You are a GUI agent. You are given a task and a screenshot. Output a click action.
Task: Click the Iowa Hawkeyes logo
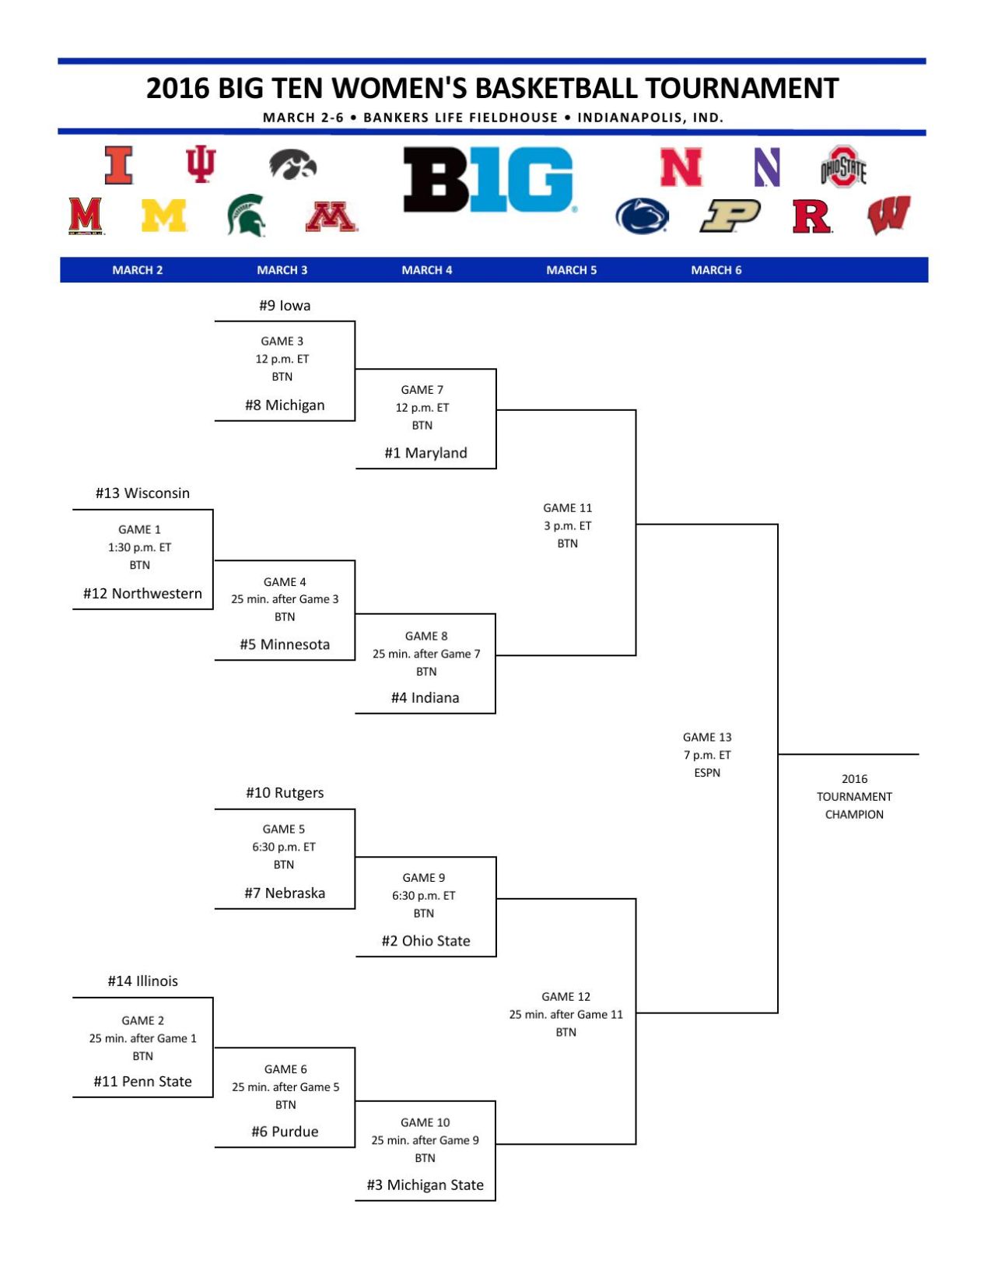coord(293,164)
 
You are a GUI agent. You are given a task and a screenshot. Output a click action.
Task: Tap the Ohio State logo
coord(843,167)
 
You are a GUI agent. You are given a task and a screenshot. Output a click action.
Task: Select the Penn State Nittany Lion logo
coord(642,216)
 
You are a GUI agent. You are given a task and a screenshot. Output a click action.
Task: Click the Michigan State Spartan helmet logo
coord(246,215)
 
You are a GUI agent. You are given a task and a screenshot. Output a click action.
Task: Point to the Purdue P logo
coord(730,216)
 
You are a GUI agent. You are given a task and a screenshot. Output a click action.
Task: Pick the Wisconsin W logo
coord(888,216)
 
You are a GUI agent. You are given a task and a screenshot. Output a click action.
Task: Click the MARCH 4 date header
coord(426,270)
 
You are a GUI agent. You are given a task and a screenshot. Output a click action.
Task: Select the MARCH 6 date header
coord(716,270)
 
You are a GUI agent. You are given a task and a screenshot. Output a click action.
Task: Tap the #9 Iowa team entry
coord(285,306)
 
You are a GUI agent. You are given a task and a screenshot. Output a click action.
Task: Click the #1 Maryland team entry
coord(425,453)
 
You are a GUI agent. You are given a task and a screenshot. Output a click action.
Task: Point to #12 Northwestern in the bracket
coord(142,594)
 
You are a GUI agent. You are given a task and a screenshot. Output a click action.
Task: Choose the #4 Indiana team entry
coord(425,698)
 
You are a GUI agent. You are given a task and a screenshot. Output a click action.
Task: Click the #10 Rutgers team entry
coord(285,793)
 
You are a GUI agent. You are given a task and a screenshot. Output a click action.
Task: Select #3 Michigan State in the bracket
coord(425,1185)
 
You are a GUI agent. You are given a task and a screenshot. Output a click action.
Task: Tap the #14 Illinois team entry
coord(142,981)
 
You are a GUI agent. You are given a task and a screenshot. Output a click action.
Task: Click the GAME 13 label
coord(707,737)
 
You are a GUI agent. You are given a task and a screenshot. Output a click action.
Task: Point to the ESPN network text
coord(707,773)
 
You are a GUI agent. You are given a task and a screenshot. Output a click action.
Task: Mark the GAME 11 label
coord(567,508)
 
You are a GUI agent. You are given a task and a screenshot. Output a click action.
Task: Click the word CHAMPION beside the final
coord(854,815)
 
